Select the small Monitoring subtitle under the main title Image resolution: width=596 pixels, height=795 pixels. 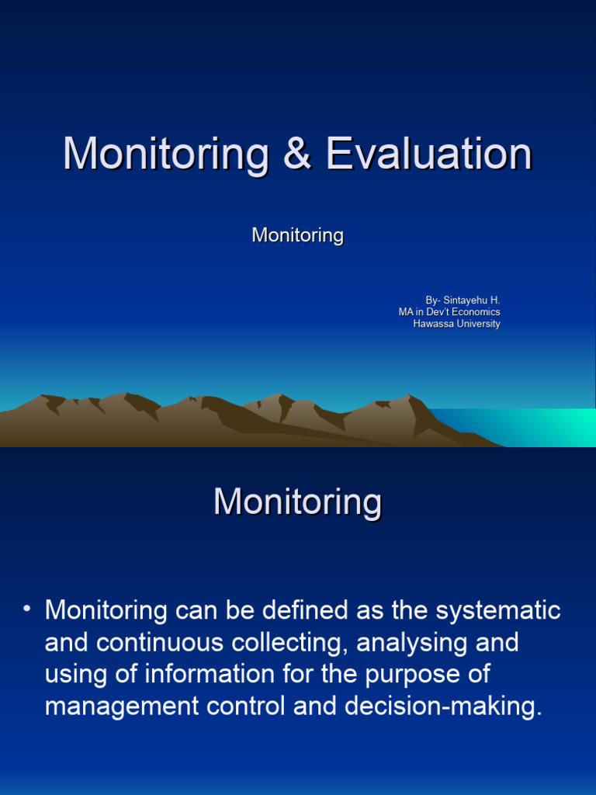[297, 235]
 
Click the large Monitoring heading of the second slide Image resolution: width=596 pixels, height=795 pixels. [297, 502]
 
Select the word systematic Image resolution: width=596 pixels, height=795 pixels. [498, 611]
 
